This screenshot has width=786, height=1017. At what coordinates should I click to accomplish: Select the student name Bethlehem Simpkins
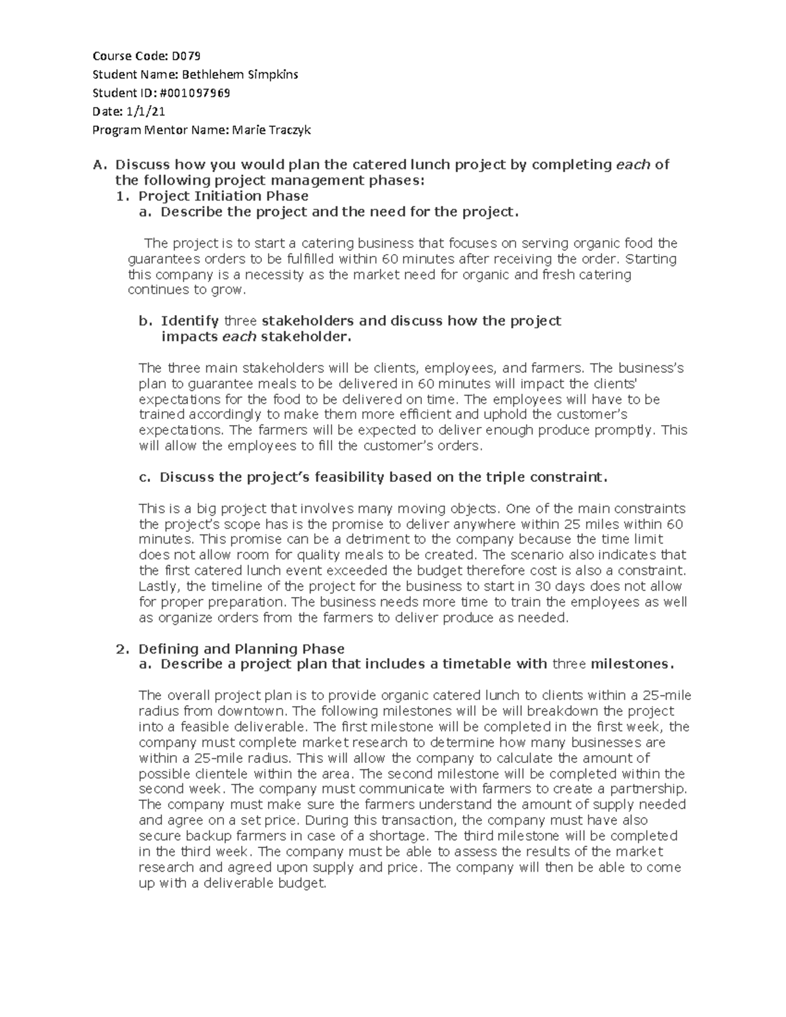pos(240,74)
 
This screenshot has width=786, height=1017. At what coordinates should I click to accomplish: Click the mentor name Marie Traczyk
pos(271,130)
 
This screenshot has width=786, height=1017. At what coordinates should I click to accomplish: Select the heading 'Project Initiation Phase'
pos(223,196)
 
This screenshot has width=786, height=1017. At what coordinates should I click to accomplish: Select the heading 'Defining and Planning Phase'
pos(241,649)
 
